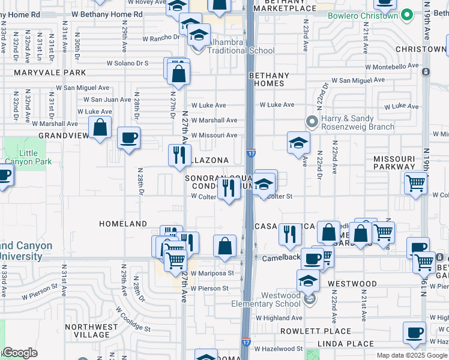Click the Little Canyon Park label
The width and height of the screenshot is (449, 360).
24,157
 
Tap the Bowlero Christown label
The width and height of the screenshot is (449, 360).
363,16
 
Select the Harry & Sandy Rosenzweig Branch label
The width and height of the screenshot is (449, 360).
358,122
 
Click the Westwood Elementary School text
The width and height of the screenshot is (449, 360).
266,299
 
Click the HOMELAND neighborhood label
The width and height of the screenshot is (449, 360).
123,224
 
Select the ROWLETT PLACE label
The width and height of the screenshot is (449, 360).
324,331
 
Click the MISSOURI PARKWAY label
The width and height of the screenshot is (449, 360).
394,163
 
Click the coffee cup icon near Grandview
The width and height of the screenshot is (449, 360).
129,138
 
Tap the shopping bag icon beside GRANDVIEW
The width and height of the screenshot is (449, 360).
100,127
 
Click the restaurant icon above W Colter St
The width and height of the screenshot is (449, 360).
228,188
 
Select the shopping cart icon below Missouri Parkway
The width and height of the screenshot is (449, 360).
415,184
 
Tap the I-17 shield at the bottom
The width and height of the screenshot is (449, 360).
247,341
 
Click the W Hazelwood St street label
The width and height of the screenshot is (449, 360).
278,349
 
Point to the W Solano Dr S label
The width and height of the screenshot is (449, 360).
127,62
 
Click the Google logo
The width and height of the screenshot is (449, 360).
19,353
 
